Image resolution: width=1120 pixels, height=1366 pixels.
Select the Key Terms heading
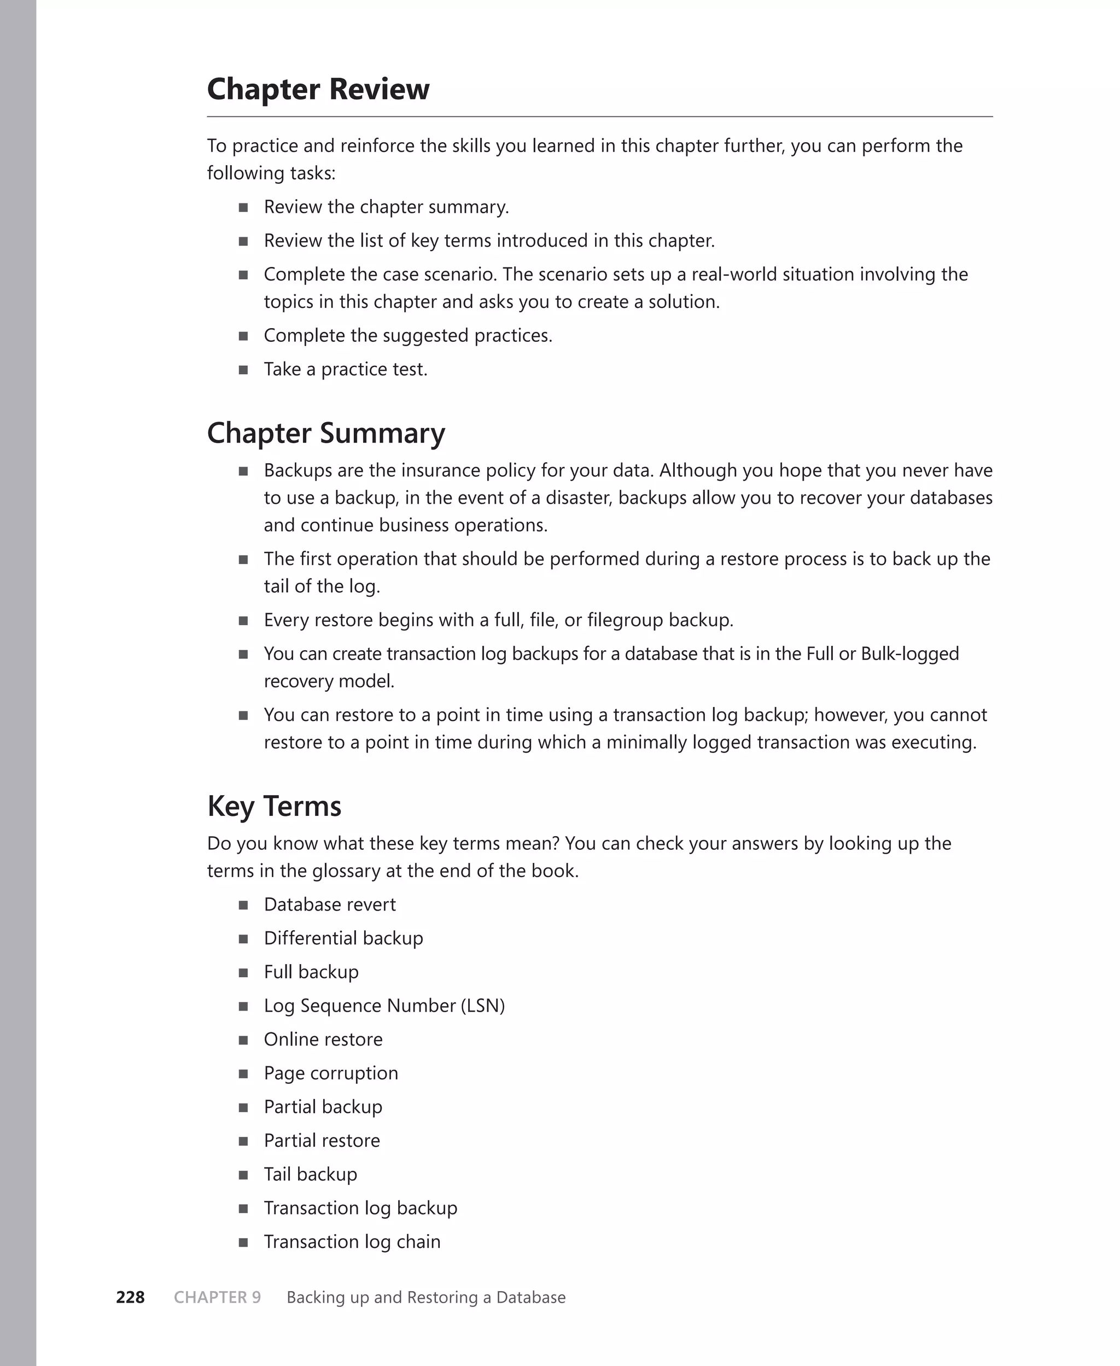pos(274,806)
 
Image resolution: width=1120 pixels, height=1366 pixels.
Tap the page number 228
pos(130,1297)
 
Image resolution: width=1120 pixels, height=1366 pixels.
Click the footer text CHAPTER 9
pos(218,1297)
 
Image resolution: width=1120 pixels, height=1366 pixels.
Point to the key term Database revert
pos(330,904)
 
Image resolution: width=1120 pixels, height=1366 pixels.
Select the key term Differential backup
pos(343,938)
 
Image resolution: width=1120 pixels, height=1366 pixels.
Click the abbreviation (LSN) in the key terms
pos(482,1006)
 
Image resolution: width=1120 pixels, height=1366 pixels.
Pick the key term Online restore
pos(323,1039)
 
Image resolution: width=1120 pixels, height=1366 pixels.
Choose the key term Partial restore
pos(322,1140)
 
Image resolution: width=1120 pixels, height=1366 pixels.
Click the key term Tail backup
pos(310,1174)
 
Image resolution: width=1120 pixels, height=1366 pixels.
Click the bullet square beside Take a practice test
pos(243,370)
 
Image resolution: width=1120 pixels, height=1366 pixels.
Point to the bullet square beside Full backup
pos(243,973)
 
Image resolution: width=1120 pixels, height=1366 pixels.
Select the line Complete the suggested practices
pos(408,335)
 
